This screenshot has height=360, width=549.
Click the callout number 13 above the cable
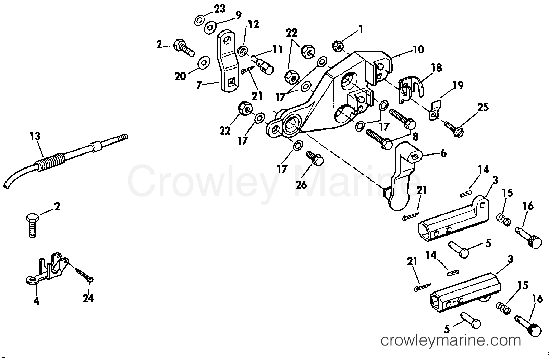pyautogui.click(x=35, y=136)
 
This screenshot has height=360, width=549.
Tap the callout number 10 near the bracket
pyautogui.click(x=418, y=50)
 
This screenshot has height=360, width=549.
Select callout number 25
pyautogui.click(x=483, y=107)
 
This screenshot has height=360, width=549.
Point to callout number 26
pyautogui.click(x=302, y=185)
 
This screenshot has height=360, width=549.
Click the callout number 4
pyautogui.click(x=37, y=300)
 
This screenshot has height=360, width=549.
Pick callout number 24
pyautogui.click(x=88, y=298)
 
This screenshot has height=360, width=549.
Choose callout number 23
pyautogui.click(x=219, y=9)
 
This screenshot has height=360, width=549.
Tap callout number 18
pyautogui.click(x=437, y=68)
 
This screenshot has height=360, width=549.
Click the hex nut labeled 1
pyautogui.click(x=338, y=46)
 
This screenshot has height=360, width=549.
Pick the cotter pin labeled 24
pyautogui.click(x=84, y=274)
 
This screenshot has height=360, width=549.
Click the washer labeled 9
pyautogui.click(x=210, y=28)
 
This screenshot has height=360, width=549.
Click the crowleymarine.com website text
pyautogui.click(x=450, y=340)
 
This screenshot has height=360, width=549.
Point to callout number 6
pyautogui.click(x=443, y=154)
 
